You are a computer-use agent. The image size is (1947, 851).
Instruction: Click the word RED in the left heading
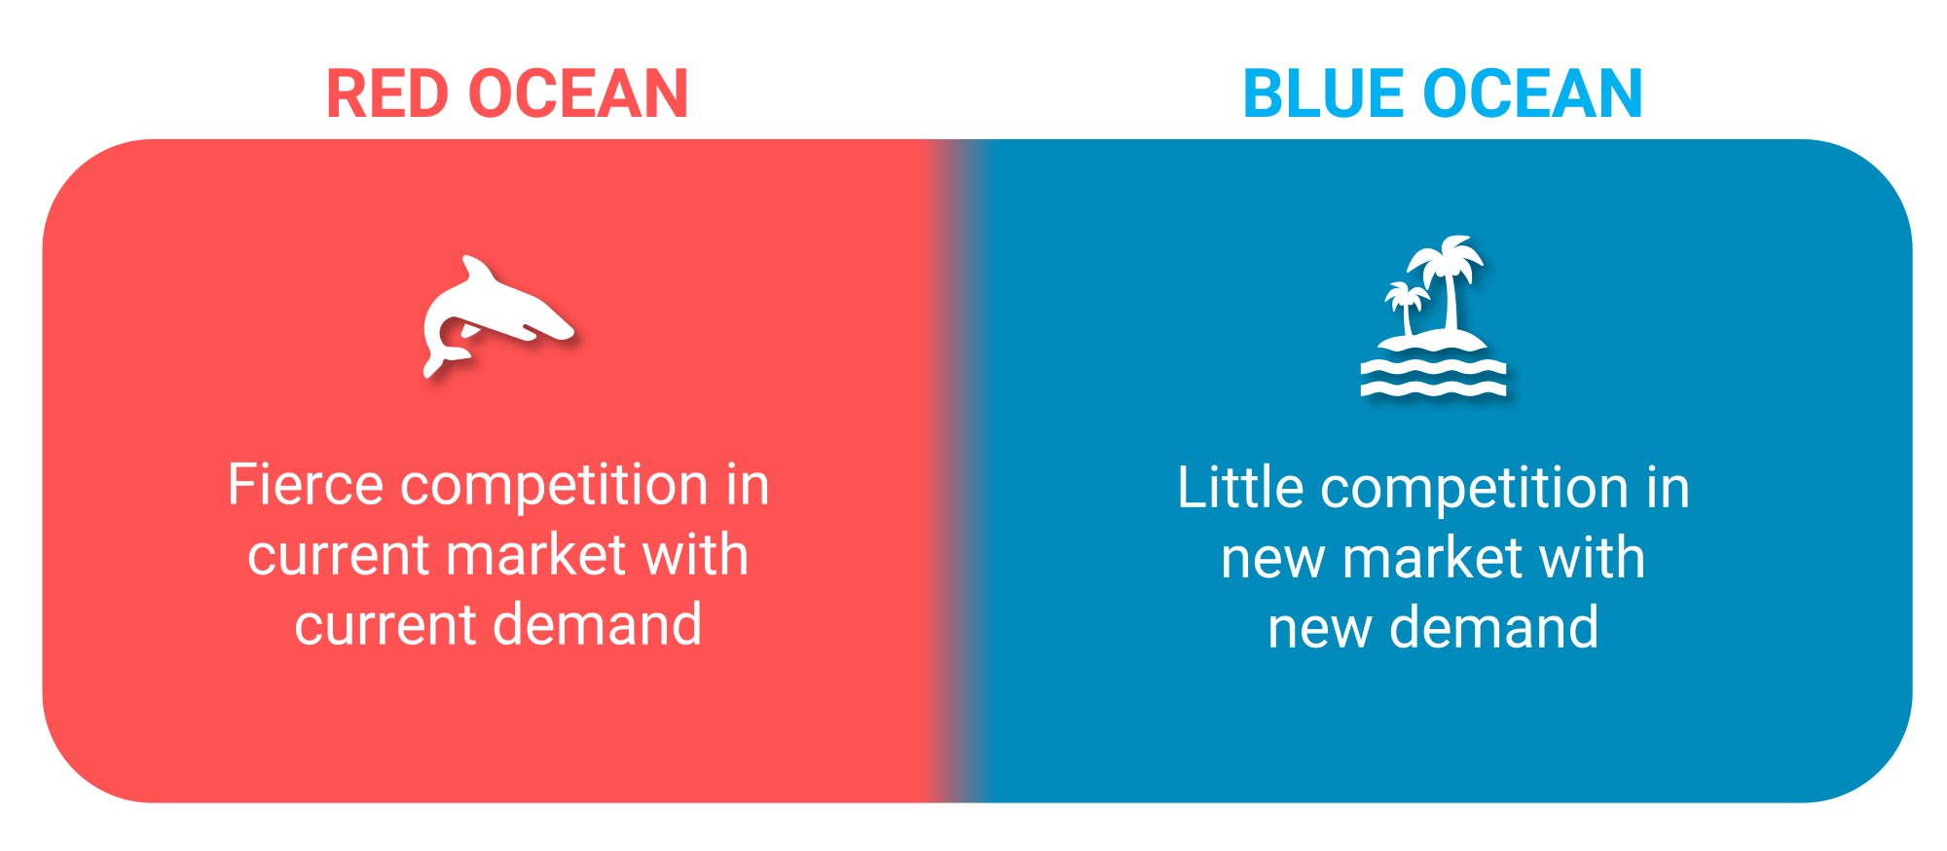tap(387, 94)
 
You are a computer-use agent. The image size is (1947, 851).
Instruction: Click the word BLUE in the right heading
tap(1325, 94)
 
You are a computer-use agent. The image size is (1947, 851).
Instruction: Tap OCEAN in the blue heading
tap(1533, 94)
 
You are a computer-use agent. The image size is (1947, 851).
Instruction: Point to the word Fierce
tap(305, 484)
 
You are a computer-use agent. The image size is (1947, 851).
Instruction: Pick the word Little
tap(1239, 487)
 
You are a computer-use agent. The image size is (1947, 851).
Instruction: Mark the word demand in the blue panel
tap(1493, 627)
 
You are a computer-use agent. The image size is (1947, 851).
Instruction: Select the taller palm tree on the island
tap(1449, 282)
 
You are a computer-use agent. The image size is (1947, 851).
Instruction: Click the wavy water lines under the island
tap(1433, 378)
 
